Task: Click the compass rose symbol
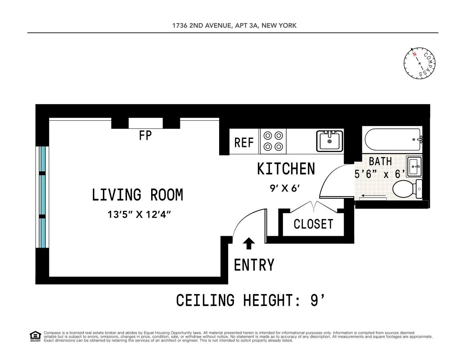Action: coord(420,63)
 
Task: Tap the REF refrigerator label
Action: coord(244,143)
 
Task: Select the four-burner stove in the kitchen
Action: coord(273,141)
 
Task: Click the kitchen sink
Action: coord(329,141)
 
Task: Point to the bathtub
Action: coord(392,139)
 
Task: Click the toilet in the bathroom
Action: coord(407,189)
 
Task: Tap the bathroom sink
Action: coord(414,166)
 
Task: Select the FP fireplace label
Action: coord(145,135)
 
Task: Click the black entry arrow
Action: coord(249,243)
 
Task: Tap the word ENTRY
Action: coord(254,265)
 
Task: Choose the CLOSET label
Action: coord(313,224)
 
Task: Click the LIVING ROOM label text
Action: coord(137,195)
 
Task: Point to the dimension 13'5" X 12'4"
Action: coord(139,215)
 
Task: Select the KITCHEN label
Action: coord(286,169)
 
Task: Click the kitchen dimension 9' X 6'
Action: coord(285,188)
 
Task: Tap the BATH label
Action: coord(380,161)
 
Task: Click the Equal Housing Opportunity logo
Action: coord(35,336)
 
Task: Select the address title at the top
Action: coord(234,26)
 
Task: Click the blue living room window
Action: coord(43,197)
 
